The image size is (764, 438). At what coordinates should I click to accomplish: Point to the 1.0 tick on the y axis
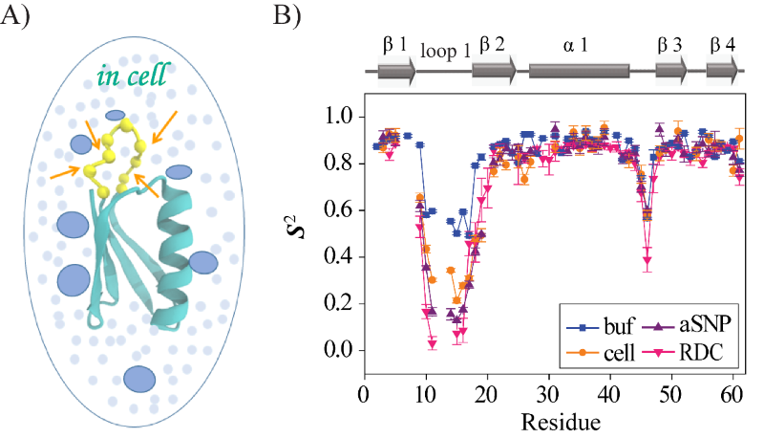click(340, 117)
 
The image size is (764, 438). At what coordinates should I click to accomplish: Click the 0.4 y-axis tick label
click(340, 257)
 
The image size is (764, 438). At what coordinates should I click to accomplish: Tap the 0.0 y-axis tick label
click(340, 351)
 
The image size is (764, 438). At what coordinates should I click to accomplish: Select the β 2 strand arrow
click(493, 70)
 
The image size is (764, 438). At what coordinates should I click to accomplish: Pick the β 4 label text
click(724, 45)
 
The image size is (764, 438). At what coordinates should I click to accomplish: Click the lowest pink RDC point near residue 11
click(433, 342)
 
